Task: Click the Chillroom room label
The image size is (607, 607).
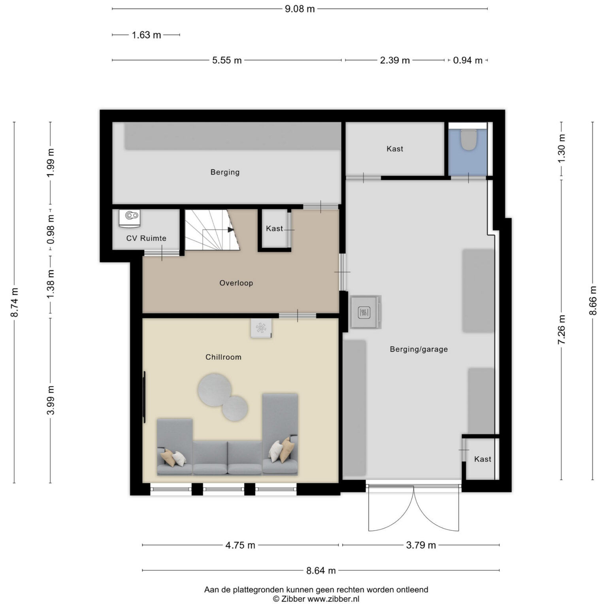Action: pyautogui.click(x=223, y=357)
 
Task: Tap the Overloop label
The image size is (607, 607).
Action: pyautogui.click(x=236, y=283)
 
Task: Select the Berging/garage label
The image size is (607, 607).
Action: pyautogui.click(x=418, y=349)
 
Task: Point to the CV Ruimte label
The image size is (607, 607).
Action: pyautogui.click(x=146, y=238)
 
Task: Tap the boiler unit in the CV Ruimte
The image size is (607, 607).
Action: pyautogui.click(x=130, y=219)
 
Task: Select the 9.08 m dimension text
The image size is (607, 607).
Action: pyautogui.click(x=300, y=9)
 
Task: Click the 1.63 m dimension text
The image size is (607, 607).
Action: pyautogui.click(x=146, y=35)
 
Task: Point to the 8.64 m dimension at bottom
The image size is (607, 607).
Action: pyautogui.click(x=321, y=570)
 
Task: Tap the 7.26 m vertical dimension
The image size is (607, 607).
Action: pyautogui.click(x=562, y=329)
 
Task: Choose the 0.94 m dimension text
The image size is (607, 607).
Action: pyautogui.click(x=468, y=60)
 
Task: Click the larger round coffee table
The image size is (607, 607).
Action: pyautogui.click(x=215, y=390)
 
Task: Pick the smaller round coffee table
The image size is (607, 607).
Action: pyautogui.click(x=235, y=408)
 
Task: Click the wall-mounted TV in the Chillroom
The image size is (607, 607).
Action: pyautogui.click(x=144, y=397)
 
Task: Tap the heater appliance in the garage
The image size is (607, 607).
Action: pyautogui.click(x=365, y=312)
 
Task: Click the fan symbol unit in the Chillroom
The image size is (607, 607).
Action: pyautogui.click(x=261, y=328)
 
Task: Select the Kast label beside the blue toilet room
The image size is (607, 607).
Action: pyautogui.click(x=395, y=149)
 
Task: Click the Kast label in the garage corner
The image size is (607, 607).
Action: pyautogui.click(x=483, y=459)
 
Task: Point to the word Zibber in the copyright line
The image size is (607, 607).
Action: pyautogui.click(x=294, y=599)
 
